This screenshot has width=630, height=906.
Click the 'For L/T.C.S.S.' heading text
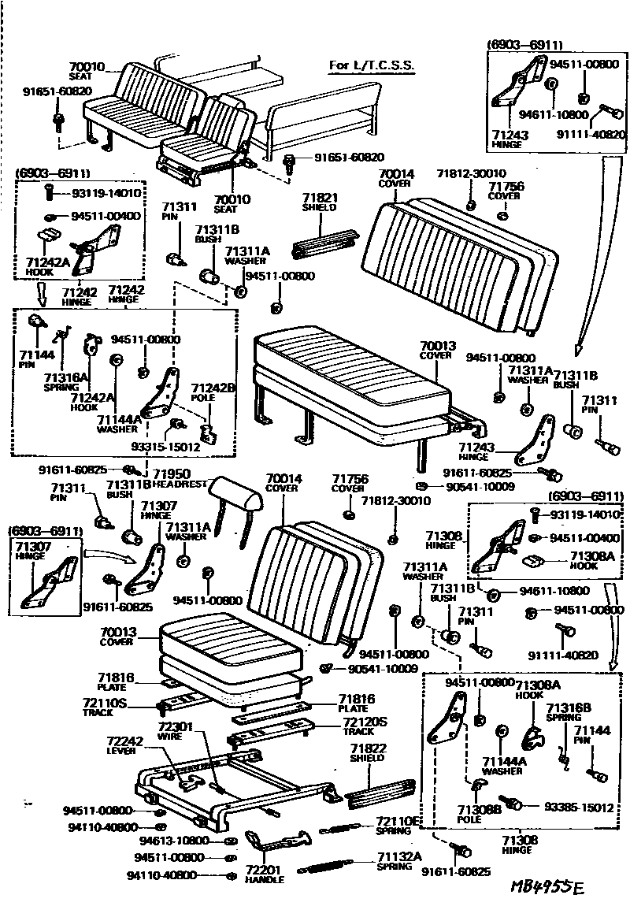(x=371, y=65)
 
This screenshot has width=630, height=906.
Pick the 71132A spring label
(x=399, y=856)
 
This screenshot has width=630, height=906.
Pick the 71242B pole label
(x=214, y=388)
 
